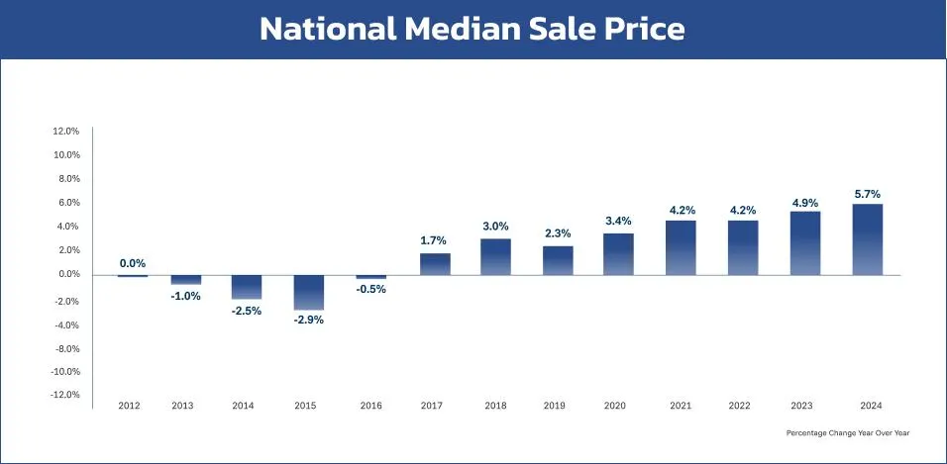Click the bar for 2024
[x=867, y=239]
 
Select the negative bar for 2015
[x=308, y=292]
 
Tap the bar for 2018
[x=496, y=256]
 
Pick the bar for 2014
[x=247, y=287]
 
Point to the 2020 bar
[x=618, y=254]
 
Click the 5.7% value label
[x=867, y=194]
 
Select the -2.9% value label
[x=308, y=320]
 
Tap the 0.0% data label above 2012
[x=133, y=263]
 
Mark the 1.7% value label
[x=434, y=240]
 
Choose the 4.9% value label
[x=804, y=203]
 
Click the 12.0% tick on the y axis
[x=65, y=131]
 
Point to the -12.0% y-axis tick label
[x=64, y=395]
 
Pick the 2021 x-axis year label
[x=680, y=406]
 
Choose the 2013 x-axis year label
[x=182, y=406]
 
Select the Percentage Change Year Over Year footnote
[x=847, y=433]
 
